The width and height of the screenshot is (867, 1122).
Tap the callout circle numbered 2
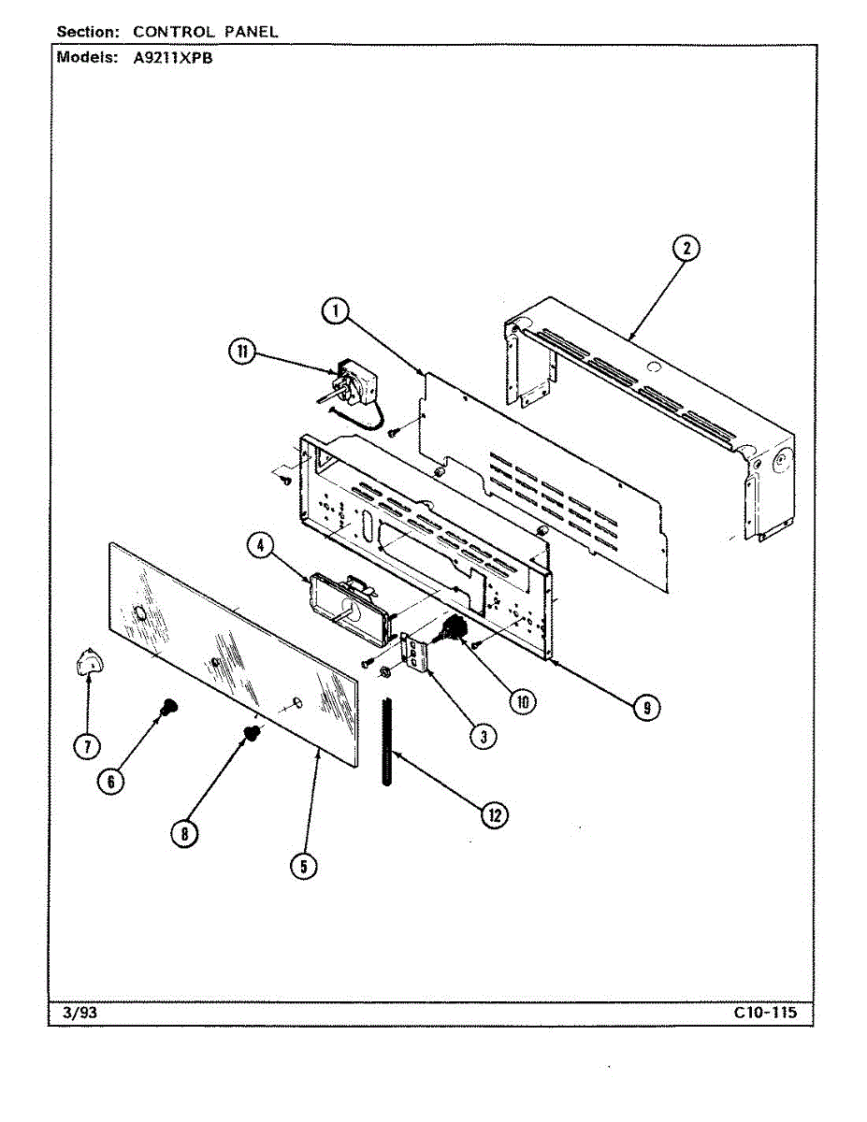click(686, 248)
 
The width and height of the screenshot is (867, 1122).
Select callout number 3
click(483, 736)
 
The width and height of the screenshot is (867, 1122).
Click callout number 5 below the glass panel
click(302, 867)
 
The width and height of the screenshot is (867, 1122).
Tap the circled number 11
click(243, 352)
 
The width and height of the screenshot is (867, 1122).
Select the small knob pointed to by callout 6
click(168, 708)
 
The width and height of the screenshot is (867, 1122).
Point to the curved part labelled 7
click(90, 663)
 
